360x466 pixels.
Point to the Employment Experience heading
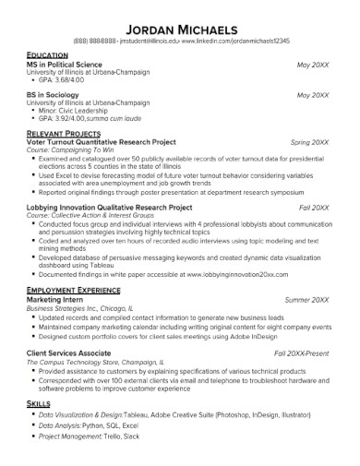76,291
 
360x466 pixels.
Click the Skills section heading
39,404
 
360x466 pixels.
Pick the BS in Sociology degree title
58,95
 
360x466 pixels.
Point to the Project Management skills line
92,438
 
